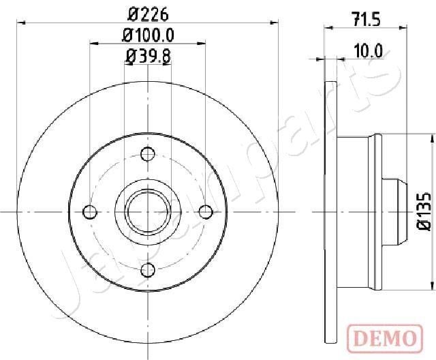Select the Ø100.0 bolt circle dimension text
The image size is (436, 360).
(x=148, y=34)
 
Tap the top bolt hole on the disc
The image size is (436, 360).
(x=147, y=153)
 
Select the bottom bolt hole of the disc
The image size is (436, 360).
(x=147, y=271)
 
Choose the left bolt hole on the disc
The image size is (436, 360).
(x=89, y=212)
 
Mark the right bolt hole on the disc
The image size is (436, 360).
(x=206, y=212)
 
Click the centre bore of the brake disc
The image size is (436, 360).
(x=147, y=212)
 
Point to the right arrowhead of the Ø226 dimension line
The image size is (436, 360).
(x=275, y=22)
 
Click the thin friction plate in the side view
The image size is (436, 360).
(x=330, y=212)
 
